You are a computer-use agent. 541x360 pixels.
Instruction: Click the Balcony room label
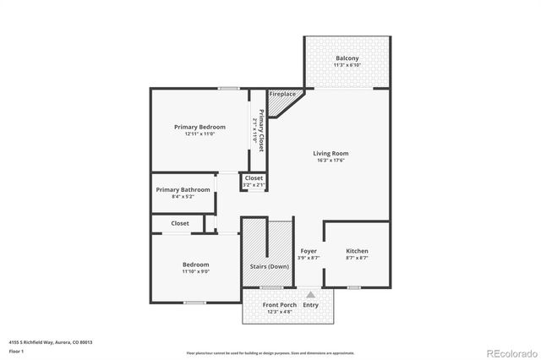pos(347,58)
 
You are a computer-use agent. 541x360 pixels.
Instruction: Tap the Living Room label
pos(331,153)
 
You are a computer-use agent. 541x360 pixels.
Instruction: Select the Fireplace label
pos(281,93)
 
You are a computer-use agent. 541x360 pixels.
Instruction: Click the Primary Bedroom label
pos(199,127)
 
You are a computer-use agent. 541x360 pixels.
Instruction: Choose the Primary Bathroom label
pos(183,189)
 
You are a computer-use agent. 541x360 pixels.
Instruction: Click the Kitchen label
pos(357,251)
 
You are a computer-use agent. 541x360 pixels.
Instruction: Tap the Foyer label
pos(309,251)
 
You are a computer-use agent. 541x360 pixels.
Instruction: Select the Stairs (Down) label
pos(268,266)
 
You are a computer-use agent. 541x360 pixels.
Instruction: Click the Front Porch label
pos(278,304)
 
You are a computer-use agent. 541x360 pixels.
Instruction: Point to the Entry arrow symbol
pos(310,295)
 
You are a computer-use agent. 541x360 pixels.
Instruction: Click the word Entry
pos(310,305)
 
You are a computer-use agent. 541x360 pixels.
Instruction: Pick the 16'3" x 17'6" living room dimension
pos(331,161)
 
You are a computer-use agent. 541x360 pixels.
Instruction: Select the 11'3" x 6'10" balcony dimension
pos(347,65)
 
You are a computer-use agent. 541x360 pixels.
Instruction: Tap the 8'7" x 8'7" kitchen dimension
pos(357,258)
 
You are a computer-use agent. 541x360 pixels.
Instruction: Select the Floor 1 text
pos(16,350)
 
